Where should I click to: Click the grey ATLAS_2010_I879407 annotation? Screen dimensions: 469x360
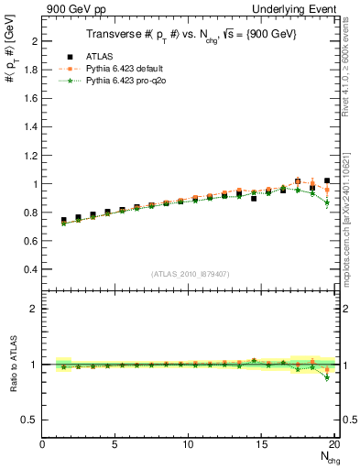[190, 274]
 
